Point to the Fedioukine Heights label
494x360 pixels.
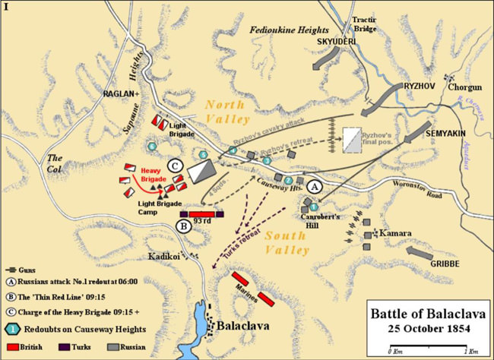pos(288,29)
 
